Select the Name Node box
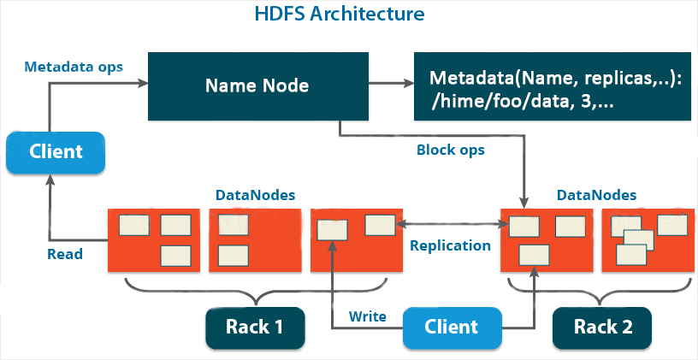point(257,86)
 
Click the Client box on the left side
point(56,151)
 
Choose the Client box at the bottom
point(451,327)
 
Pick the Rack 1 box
point(254,327)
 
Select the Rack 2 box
point(601,327)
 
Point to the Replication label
point(451,246)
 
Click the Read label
point(65,254)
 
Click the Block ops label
point(450,150)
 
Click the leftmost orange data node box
point(153,239)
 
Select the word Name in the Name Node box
point(228,86)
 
